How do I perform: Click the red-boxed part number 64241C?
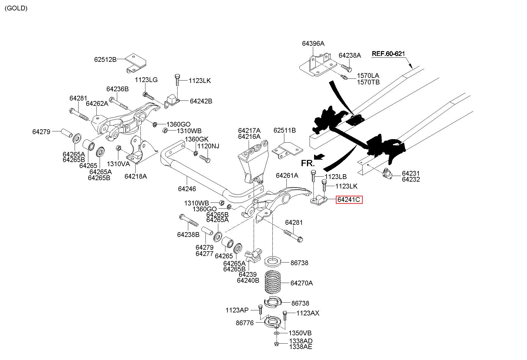pos(349,199)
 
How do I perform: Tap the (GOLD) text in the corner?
pos(16,8)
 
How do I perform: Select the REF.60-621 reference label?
pos(388,54)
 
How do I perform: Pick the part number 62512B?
pos(105,59)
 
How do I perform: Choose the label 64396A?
pos(313,43)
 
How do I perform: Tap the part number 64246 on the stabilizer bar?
pos(187,189)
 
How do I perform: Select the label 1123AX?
pos(308,313)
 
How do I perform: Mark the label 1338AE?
pos(301,347)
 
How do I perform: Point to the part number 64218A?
pos(136,176)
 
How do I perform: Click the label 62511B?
pos(285,130)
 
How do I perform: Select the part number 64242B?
pos(201,101)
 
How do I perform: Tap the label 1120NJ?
pos(208,146)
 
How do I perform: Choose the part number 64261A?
pos(287,175)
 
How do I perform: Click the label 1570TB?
pos(368,82)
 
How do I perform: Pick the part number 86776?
pos(245,323)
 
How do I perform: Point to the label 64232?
pos(411,179)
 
